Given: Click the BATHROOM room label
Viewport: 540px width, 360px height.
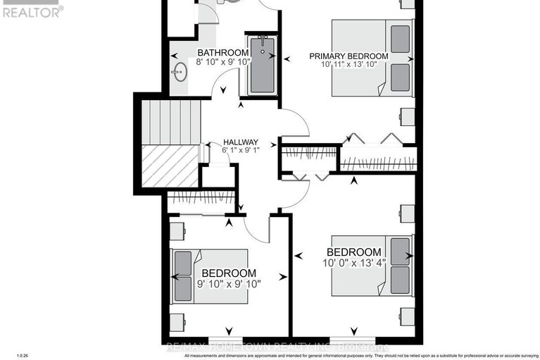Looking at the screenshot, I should point(222,53).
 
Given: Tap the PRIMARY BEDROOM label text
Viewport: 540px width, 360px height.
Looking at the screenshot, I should point(349,56).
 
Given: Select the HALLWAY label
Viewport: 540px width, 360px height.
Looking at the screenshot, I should point(241,141).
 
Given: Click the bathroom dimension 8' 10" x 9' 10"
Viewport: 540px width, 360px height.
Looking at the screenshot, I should point(222,63).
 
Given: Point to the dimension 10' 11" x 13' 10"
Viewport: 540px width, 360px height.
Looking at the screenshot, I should point(349,66).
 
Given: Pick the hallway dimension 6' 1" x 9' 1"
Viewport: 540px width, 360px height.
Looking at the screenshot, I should point(241,150).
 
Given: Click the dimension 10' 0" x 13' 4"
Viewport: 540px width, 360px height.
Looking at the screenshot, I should point(354,263).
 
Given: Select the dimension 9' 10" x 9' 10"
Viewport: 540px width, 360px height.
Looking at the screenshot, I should point(229,284).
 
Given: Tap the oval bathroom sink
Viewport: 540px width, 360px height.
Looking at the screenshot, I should point(180,72).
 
